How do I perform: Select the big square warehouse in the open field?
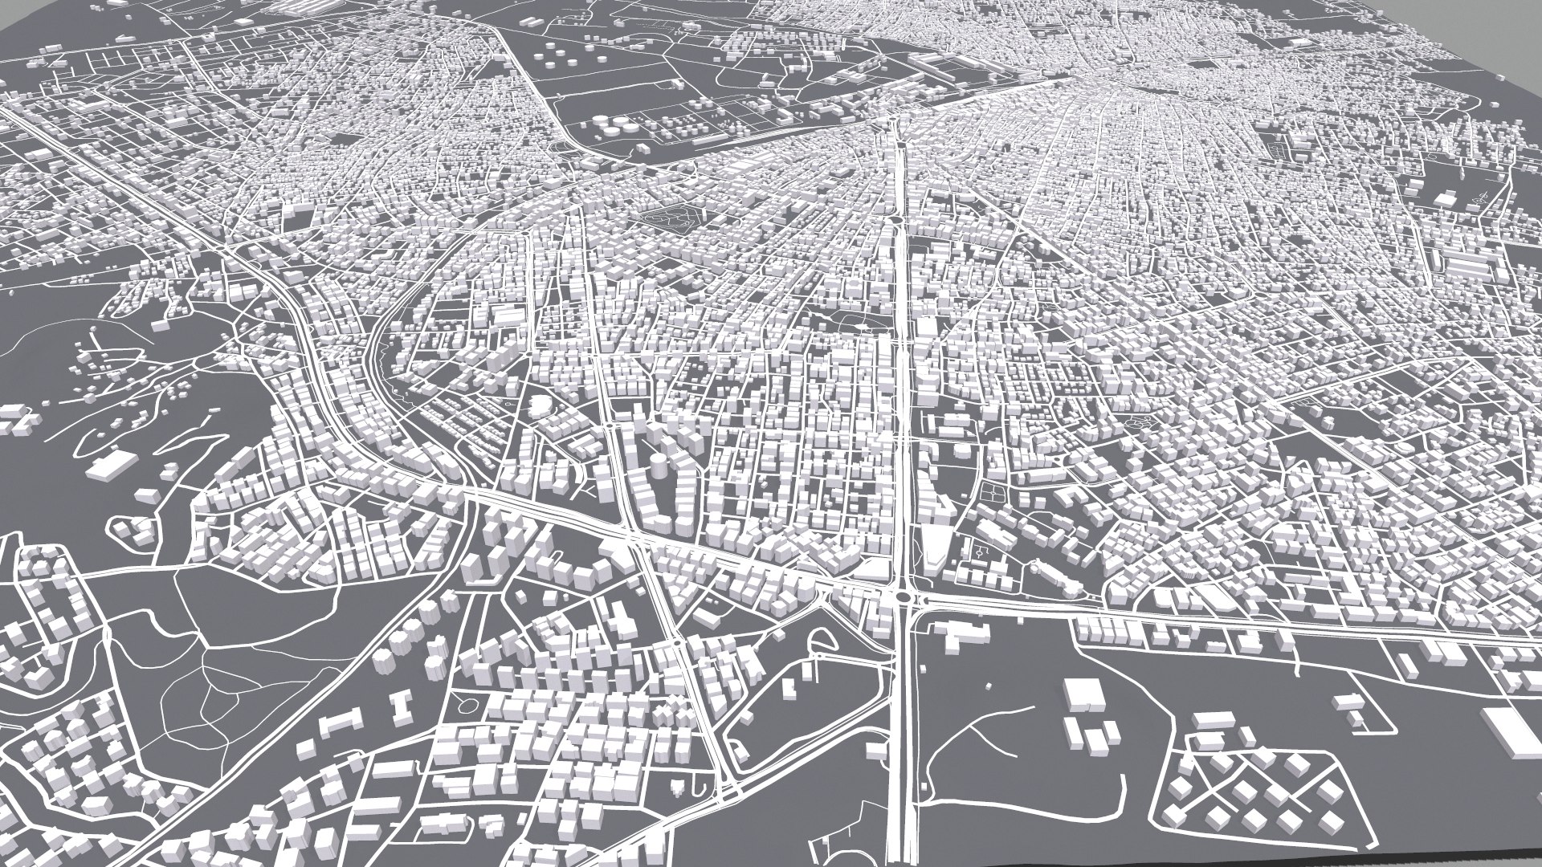[x=1083, y=694]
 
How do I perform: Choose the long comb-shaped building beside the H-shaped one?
[x=337, y=721]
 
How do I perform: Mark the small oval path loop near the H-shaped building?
[x=464, y=707]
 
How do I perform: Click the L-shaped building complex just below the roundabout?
[x=964, y=638]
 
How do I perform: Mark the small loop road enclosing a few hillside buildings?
[x=128, y=530]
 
